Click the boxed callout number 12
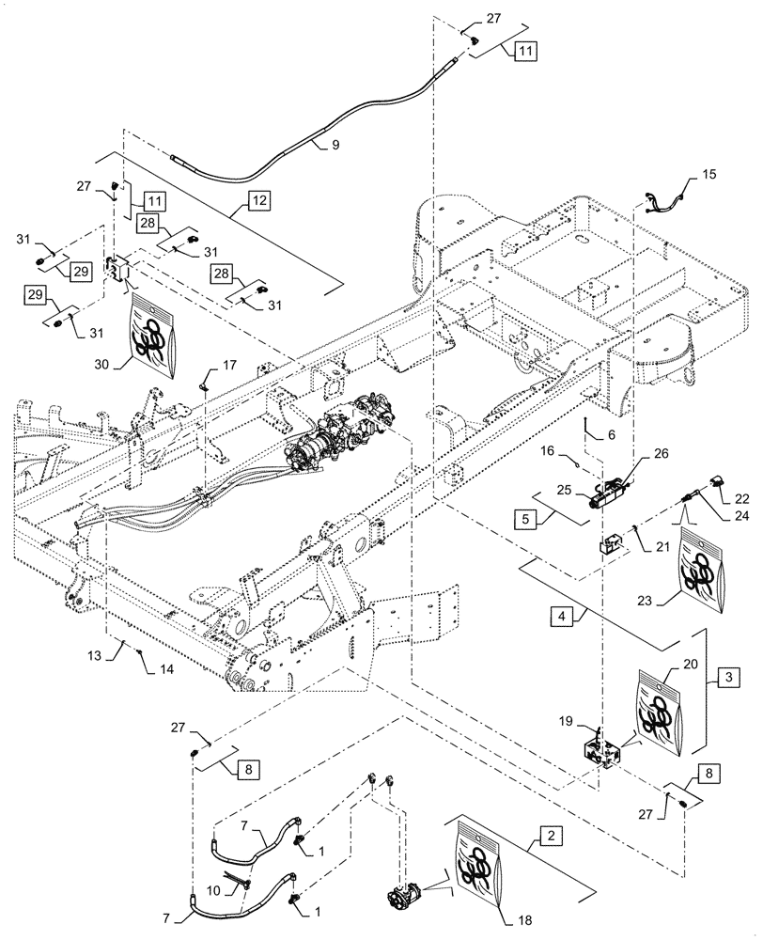(257, 201)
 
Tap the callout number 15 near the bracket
(708, 176)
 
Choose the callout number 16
(552, 453)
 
